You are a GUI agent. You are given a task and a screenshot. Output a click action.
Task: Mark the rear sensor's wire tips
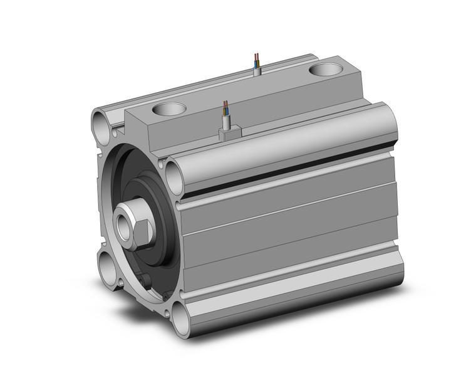click(x=256, y=56)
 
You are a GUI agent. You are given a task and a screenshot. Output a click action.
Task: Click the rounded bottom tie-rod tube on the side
click(x=288, y=295)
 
